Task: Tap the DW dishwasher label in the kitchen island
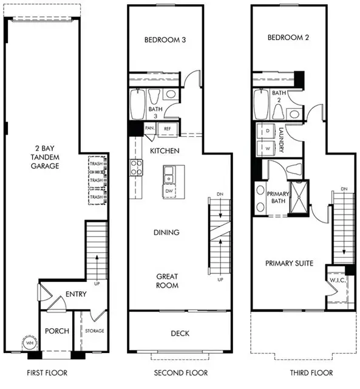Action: click(170, 191)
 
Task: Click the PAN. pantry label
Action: click(149, 129)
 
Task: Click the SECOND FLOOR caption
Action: click(180, 373)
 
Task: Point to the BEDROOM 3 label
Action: click(165, 40)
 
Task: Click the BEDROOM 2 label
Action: click(288, 38)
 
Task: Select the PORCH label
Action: click(56, 331)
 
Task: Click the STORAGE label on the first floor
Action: click(94, 331)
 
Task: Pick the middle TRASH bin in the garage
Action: click(96, 180)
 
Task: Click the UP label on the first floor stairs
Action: click(96, 283)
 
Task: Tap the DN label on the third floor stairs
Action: click(344, 190)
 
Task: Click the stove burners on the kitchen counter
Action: click(135, 167)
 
